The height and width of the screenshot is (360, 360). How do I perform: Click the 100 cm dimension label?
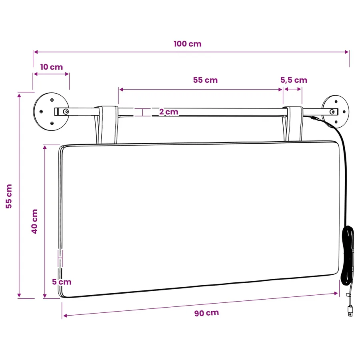pyautogui.click(x=188, y=44)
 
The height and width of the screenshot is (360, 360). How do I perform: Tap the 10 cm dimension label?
pyautogui.click(x=52, y=67)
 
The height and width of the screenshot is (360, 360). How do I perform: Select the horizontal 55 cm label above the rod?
pyautogui.click(x=205, y=80)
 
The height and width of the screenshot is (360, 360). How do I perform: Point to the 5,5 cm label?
pyautogui.click(x=294, y=80)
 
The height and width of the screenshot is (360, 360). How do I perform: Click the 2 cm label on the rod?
pyautogui.click(x=169, y=112)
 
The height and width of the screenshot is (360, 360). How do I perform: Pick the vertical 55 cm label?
pyautogui.click(x=9, y=196)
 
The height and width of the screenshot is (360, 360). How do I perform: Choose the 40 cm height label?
pyautogui.click(x=34, y=222)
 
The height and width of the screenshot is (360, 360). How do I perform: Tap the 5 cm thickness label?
pyautogui.click(x=62, y=282)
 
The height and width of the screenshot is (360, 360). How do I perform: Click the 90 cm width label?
pyautogui.click(x=207, y=313)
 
